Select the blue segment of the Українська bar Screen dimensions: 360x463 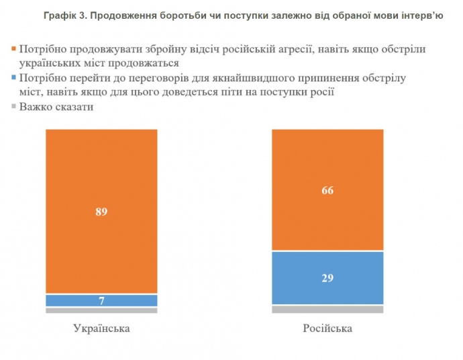(x=101, y=300)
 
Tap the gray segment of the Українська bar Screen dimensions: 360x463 (x=101, y=310)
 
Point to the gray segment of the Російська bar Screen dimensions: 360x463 (x=327, y=309)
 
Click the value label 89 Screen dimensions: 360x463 (x=101, y=212)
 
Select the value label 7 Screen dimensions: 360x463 (x=101, y=300)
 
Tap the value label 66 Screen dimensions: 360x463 (x=327, y=190)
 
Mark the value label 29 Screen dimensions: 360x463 (x=327, y=277)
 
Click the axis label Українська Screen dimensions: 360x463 (x=101, y=329)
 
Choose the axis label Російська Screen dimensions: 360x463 (x=327, y=329)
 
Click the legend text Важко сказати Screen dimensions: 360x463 (x=56, y=106)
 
